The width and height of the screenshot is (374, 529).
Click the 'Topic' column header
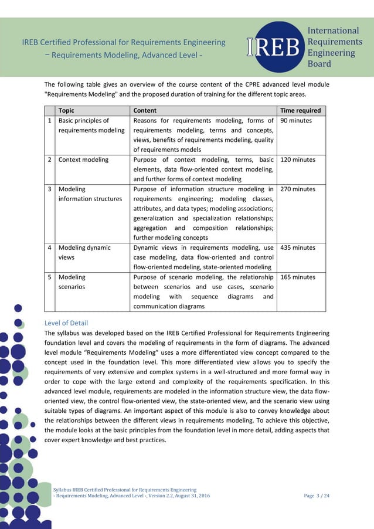click(66, 110)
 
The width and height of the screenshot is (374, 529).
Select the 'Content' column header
click(145, 110)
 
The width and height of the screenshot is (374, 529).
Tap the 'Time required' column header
click(301, 110)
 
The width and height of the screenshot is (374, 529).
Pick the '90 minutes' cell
click(296, 121)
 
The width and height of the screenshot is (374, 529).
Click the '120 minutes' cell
click(298, 160)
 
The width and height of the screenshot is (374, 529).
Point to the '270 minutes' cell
click(298, 189)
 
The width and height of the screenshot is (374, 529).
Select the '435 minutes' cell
click(298, 247)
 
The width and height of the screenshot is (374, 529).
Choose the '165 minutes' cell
click(298, 277)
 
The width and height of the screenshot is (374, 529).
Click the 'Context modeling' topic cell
click(83, 160)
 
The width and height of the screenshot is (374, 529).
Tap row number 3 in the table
click(50, 189)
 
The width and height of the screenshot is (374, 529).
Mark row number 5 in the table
click(50, 277)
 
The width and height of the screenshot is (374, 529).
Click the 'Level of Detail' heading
click(66, 323)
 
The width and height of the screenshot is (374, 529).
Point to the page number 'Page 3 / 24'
click(317, 496)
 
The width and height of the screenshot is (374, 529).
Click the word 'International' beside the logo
click(333, 30)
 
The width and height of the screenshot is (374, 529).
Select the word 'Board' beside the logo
click(319, 64)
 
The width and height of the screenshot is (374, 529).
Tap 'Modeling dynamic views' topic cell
click(84, 252)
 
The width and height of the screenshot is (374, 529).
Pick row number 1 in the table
click(50, 121)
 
